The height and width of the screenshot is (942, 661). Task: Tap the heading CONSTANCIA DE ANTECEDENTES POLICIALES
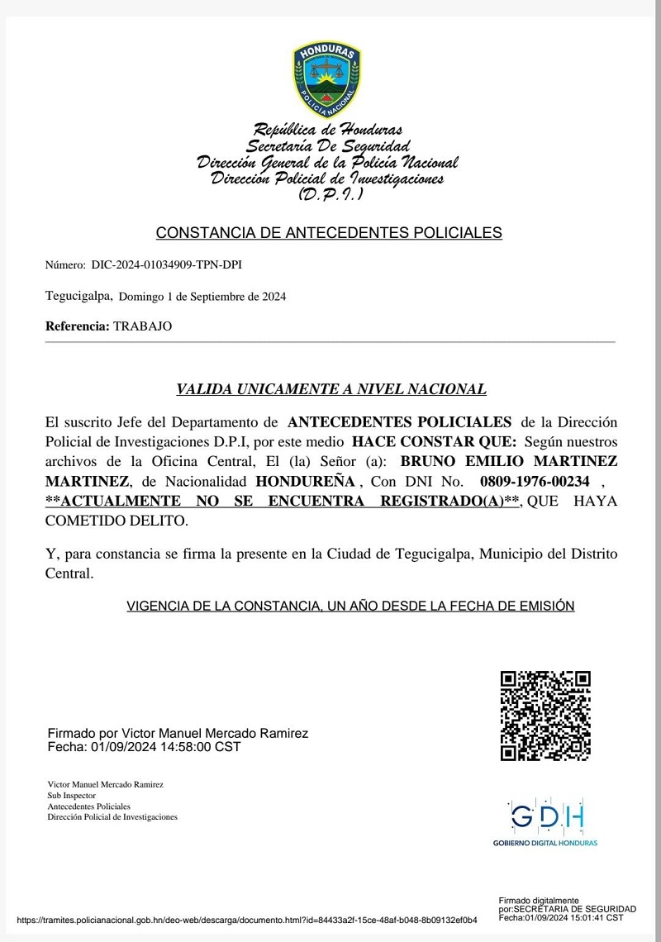point(329,233)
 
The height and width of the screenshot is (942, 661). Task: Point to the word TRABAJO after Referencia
point(143,326)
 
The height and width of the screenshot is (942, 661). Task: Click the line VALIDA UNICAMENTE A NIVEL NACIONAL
point(331,389)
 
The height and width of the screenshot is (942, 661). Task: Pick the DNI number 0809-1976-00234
point(535,481)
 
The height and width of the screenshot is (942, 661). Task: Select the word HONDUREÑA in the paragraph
point(306,481)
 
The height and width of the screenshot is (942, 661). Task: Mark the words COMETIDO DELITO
point(117,521)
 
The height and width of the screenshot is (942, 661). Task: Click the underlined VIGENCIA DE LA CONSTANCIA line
point(350,606)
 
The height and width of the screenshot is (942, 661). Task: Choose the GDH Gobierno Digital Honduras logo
point(545,823)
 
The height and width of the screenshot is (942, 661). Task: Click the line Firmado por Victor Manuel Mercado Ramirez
point(178,733)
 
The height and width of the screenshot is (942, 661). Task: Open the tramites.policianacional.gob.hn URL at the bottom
point(246,920)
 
